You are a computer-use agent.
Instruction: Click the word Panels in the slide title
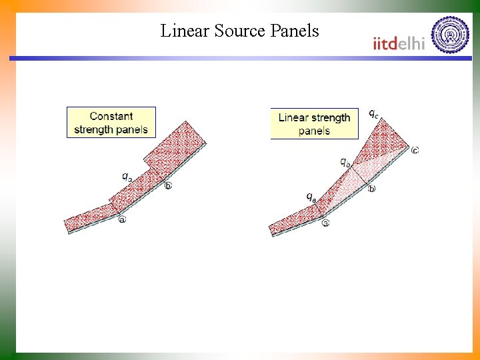[294, 31]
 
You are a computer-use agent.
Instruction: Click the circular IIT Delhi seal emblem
[451, 35]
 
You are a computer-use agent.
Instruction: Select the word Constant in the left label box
[111, 117]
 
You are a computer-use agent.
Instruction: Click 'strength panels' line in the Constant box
[111, 129]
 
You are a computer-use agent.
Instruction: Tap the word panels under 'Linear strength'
[314, 131]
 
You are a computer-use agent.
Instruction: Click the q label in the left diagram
[127, 177]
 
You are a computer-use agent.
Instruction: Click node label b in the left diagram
[168, 185]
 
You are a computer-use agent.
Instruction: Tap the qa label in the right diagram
[311, 196]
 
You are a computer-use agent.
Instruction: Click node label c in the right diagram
[415, 150]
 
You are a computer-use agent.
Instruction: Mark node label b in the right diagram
[371, 189]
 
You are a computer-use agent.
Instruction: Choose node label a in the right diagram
[325, 223]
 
